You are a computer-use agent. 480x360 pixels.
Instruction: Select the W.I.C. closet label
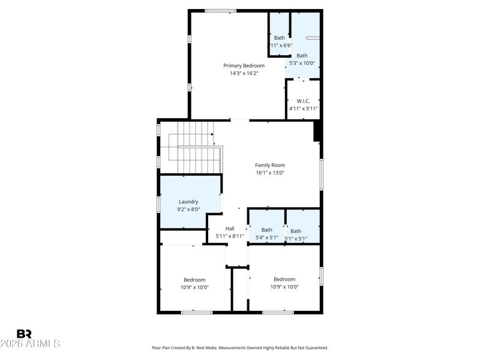pyautogui.click(x=303, y=101)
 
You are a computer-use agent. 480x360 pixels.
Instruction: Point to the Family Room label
pyautogui.click(x=270, y=165)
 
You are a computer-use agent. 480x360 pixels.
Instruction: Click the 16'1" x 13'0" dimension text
pyautogui.click(x=270, y=173)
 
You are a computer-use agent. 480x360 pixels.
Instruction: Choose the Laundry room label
pyautogui.click(x=188, y=202)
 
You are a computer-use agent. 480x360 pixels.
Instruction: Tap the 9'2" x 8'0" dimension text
pyautogui.click(x=188, y=209)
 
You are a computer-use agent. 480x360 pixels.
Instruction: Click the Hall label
pyautogui.click(x=230, y=229)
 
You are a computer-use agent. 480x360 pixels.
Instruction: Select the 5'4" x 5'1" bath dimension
pyautogui.click(x=266, y=238)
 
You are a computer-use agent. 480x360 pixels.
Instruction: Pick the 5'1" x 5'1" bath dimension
pyautogui.click(x=296, y=239)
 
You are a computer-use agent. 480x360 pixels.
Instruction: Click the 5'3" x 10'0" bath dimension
pyautogui.click(x=302, y=63)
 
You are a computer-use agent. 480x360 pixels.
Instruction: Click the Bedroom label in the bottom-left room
pyautogui.click(x=194, y=280)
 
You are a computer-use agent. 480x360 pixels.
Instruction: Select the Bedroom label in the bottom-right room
pyautogui.click(x=284, y=279)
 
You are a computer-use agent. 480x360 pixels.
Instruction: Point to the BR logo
pyautogui.click(x=24, y=334)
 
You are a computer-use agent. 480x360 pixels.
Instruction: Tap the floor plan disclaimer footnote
pyautogui.click(x=240, y=347)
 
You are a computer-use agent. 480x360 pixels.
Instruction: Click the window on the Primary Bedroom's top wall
pyautogui.click(x=220, y=11)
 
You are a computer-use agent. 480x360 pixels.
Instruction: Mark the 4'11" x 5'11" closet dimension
pyautogui.click(x=303, y=109)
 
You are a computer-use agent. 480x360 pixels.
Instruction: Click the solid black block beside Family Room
pyautogui.click(x=318, y=131)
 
